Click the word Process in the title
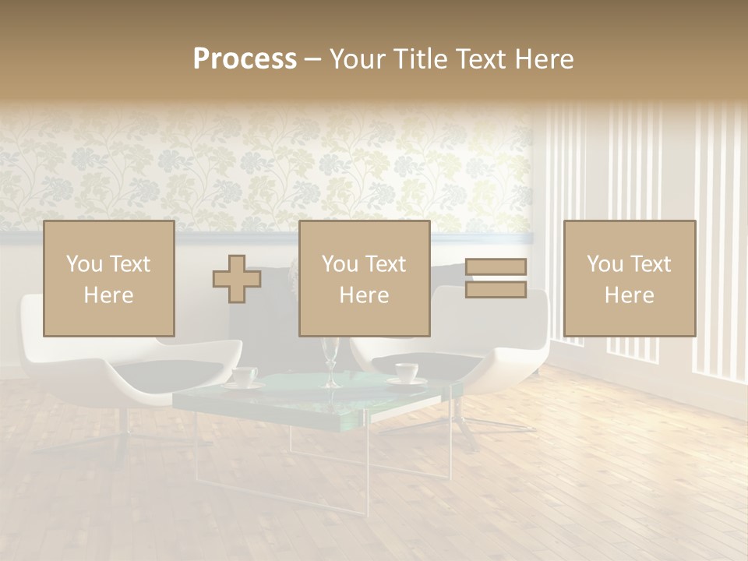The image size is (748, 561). [245, 59]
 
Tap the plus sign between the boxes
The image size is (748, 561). [237, 279]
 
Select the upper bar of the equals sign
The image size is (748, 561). [496, 266]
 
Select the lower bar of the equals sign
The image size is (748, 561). [496, 290]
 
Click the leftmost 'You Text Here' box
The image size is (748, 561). [109, 279]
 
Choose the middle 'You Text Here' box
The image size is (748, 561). [365, 279]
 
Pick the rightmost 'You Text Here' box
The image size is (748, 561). [630, 279]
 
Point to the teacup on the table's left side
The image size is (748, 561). [245, 376]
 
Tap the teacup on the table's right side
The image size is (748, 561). [406, 372]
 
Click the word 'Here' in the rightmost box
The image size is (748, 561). [630, 295]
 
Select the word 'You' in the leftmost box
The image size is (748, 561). [83, 264]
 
